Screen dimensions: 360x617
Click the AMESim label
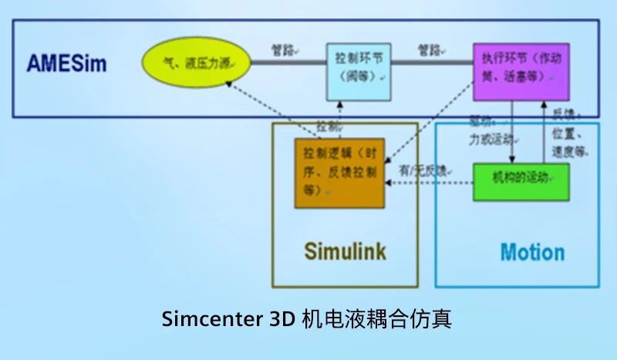[67, 63]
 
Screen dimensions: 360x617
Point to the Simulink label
[345, 251]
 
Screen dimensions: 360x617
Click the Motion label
[532, 252]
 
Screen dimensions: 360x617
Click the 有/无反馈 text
[424, 170]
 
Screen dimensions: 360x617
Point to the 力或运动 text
[491, 140]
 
